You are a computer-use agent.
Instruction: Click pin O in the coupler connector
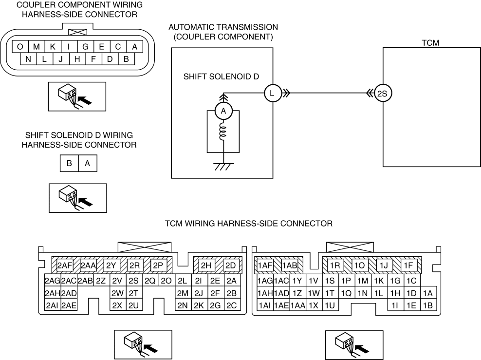click(x=20, y=47)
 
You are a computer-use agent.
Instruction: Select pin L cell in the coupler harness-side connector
click(x=44, y=59)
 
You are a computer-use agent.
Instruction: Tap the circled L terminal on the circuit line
click(x=272, y=93)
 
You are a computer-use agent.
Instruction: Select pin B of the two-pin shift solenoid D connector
click(x=70, y=164)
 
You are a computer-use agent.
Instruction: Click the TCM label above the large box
click(x=430, y=43)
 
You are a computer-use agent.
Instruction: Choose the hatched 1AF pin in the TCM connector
click(x=265, y=265)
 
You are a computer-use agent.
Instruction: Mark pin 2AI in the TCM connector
click(x=52, y=305)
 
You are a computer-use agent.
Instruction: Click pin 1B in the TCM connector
click(x=428, y=305)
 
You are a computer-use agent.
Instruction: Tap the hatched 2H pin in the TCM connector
click(x=206, y=265)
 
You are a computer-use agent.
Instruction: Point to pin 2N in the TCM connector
click(x=183, y=305)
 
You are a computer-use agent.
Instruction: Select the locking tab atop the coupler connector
click(x=77, y=32)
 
